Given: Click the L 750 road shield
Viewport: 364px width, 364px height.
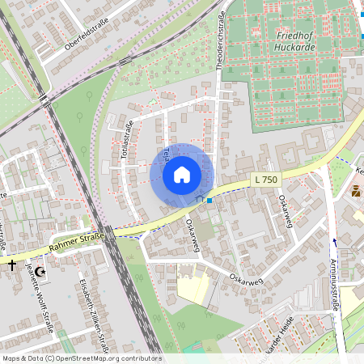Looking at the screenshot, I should tap(265, 179).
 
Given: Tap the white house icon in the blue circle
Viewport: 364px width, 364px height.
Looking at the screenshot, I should tap(181, 175).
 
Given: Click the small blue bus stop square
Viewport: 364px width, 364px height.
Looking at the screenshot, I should tap(210, 200).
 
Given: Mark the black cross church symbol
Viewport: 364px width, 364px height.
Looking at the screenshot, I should tap(12, 265).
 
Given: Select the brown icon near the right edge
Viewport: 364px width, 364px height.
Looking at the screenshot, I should tap(356, 192).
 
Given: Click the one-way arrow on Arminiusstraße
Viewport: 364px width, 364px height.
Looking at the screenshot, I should tap(334, 242).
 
